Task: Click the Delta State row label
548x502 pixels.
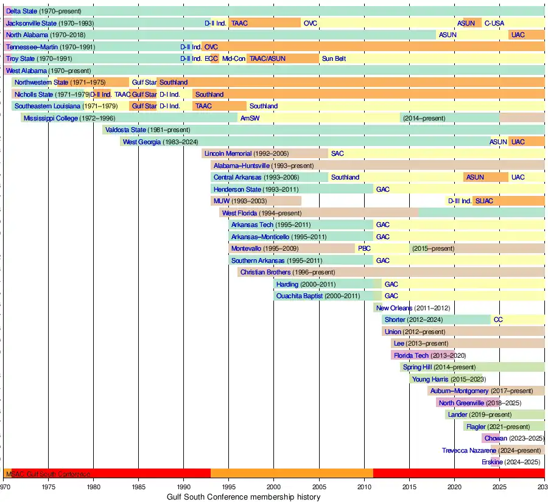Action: tap(21, 12)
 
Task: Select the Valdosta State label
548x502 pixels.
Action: tap(125, 130)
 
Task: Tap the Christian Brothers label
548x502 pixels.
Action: tap(265, 272)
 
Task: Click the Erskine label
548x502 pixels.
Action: tap(493, 462)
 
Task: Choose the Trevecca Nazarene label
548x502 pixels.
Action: tap(469, 450)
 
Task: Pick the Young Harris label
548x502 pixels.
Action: tap(430, 379)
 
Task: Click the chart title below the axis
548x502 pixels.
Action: tap(244, 497)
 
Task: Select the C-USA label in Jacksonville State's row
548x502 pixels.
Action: tap(494, 23)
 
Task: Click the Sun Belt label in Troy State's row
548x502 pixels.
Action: tap(334, 58)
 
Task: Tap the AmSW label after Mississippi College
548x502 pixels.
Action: tap(250, 118)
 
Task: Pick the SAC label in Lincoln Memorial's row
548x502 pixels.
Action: tap(337, 153)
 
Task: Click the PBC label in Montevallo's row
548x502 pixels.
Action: tap(364, 248)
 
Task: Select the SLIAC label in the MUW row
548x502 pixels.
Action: tap(485, 201)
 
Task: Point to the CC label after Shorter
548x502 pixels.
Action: tap(498, 319)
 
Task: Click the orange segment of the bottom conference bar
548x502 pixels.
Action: tap(292, 473)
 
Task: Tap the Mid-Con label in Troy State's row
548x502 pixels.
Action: tap(234, 58)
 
